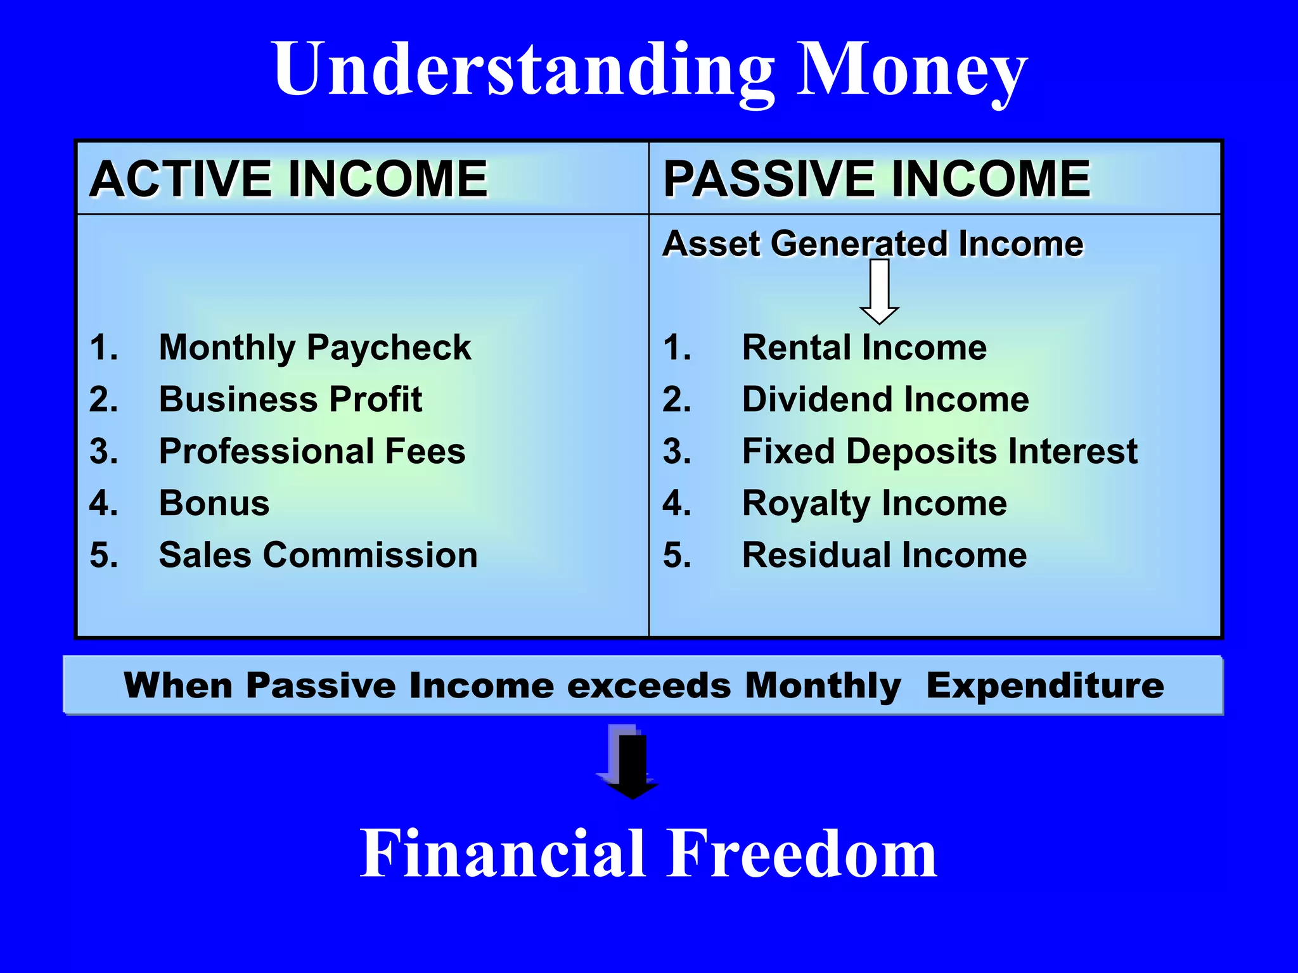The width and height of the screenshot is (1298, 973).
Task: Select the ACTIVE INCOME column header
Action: pyautogui.click(x=289, y=179)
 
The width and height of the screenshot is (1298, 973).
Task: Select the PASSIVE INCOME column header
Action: pyautogui.click(x=877, y=179)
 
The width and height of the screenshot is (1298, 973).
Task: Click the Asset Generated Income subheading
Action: pyautogui.click(x=873, y=244)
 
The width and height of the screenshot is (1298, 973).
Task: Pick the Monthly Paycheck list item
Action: pyautogui.click(x=315, y=348)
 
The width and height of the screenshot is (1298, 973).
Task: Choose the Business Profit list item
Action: pyautogui.click(x=290, y=400)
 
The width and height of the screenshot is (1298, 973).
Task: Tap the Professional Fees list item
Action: pyautogui.click(x=312, y=452)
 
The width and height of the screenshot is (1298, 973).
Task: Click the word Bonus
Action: pyautogui.click(x=214, y=504)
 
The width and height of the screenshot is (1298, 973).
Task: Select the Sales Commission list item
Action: pyautogui.click(x=318, y=556)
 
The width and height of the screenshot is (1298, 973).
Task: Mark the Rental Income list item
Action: pyautogui.click(x=864, y=348)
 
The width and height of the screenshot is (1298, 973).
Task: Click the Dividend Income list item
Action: pyautogui.click(x=885, y=400)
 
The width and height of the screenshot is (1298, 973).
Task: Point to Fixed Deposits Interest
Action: pyautogui.click(x=940, y=452)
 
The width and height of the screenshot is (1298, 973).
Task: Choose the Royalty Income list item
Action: pyautogui.click(x=875, y=504)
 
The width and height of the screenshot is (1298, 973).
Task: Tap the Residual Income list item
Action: pyautogui.click(x=885, y=556)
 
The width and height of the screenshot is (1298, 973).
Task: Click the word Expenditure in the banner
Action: pyautogui.click(x=1045, y=686)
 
